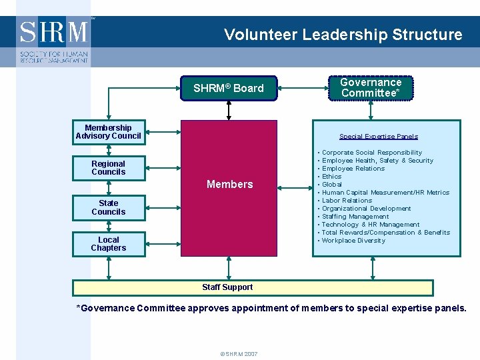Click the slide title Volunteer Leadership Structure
pos(343,35)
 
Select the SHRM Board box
pos(229,88)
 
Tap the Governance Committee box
pos(371,88)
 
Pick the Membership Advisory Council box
pos(109,132)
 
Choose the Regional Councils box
pos(109,168)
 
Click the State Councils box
pos(109,208)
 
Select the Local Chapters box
pos(109,244)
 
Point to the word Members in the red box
pos(229,184)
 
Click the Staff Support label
pos(227,287)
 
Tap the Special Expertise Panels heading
pos(378,137)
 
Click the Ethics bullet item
pos(331,177)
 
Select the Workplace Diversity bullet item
pos(353,241)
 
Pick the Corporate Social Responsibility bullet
pos(371,153)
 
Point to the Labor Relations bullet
pos(347,201)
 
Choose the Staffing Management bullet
pos(355,217)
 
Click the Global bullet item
pos(331,185)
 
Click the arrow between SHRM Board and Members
pos(229,111)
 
